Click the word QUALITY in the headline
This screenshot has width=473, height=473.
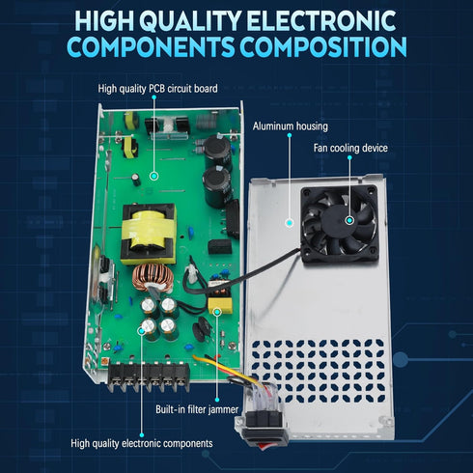coord(190,21)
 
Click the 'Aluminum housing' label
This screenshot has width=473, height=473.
coord(291,126)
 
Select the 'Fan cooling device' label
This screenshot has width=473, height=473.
coord(350,148)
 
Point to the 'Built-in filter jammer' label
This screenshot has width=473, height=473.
coord(197,409)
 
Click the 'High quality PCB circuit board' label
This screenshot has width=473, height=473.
coord(157,89)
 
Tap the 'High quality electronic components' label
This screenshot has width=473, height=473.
coord(142,443)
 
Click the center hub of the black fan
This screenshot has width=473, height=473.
coord(339,221)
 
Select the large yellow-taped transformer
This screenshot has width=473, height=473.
coord(149,234)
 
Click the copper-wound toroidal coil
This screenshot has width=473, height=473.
coord(153,278)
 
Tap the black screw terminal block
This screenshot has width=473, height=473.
coord(149,376)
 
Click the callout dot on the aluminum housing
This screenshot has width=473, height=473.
coord(290,223)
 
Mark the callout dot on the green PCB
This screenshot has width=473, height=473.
coord(154,176)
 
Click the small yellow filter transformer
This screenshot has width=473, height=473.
coord(220,297)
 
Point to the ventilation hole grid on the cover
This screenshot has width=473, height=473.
coord(319,371)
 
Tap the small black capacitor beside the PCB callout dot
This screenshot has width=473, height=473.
coord(136,180)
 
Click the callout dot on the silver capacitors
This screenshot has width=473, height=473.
coord(141,330)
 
